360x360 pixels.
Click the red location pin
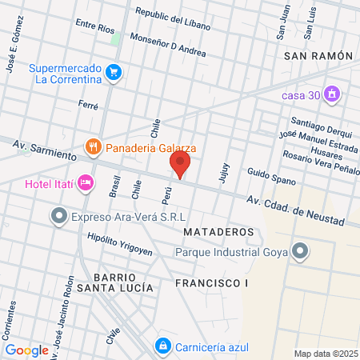click(x=180, y=163)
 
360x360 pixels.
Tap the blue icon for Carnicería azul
click(x=162, y=346)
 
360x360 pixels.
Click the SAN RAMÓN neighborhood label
click(x=318, y=56)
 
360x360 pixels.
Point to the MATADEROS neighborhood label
click(x=218, y=232)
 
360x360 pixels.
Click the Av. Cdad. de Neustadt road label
click(x=296, y=210)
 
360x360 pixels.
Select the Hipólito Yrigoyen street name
click(x=119, y=245)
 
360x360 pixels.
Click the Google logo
click(x=27, y=350)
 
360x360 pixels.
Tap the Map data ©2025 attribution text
click(x=324, y=354)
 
